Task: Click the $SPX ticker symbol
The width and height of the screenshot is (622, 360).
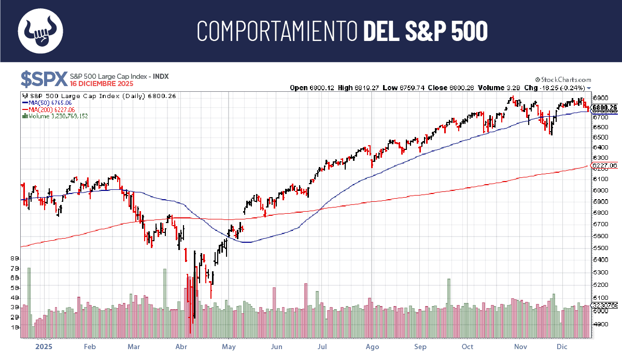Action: [x=44, y=79]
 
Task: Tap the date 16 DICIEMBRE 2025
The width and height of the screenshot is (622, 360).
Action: [x=102, y=84]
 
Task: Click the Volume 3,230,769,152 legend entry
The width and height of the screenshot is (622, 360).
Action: [x=55, y=116]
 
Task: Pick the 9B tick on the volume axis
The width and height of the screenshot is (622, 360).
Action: [x=15, y=258]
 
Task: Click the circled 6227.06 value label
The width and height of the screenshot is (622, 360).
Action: [x=604, y=166]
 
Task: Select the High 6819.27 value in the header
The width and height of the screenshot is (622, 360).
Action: [x=358, y=88]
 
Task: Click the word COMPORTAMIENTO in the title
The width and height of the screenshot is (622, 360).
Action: [x=277, y=31]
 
